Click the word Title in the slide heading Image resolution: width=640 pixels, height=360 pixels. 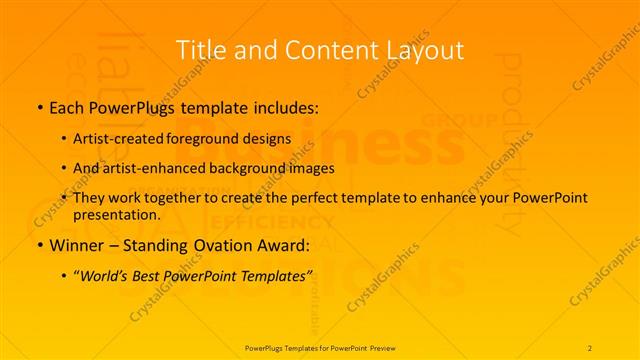click(x=198, y=49)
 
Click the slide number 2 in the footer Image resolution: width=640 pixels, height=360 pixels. click(x=590, y=347)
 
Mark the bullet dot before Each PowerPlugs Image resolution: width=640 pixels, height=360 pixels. click(x=39, y=105)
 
